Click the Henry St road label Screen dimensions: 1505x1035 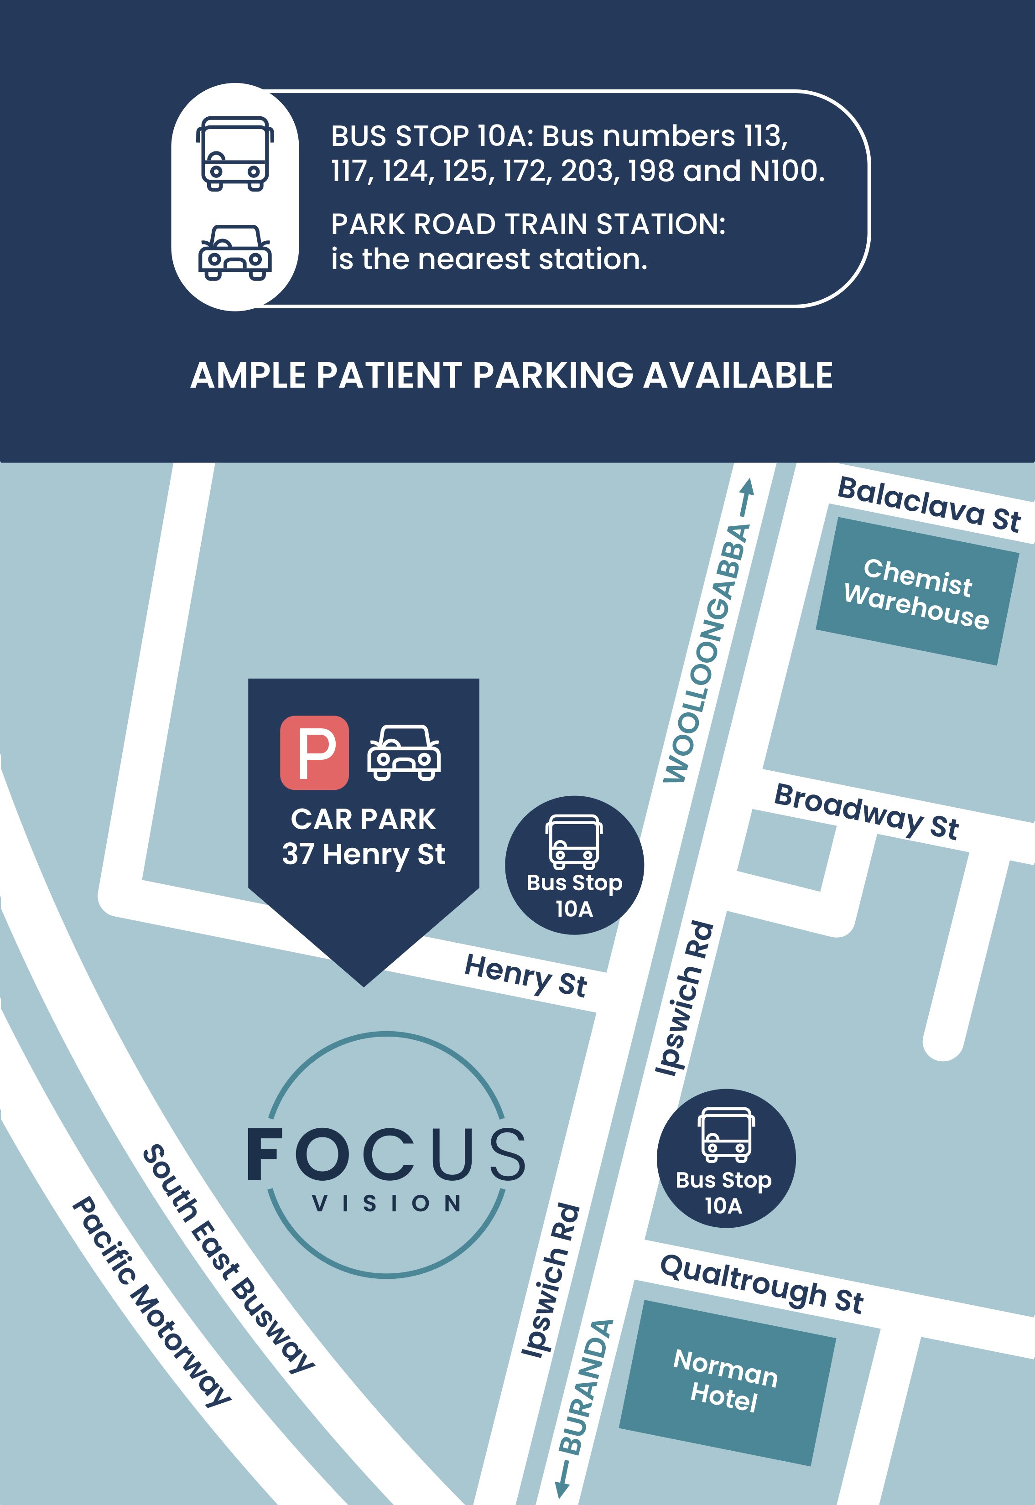pos(525,975)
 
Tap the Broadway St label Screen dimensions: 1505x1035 pos(866,811)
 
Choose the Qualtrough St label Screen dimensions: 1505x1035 pos(761,1283)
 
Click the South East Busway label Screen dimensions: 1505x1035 pos(228,1257)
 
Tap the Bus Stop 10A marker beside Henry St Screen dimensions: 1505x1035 pos(574,865)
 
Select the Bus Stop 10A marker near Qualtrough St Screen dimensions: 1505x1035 pos(726,1157)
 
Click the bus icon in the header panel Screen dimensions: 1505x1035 pos(235,153)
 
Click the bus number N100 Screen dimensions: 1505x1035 pos(785,171)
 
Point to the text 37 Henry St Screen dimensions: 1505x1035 pos(364,854)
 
